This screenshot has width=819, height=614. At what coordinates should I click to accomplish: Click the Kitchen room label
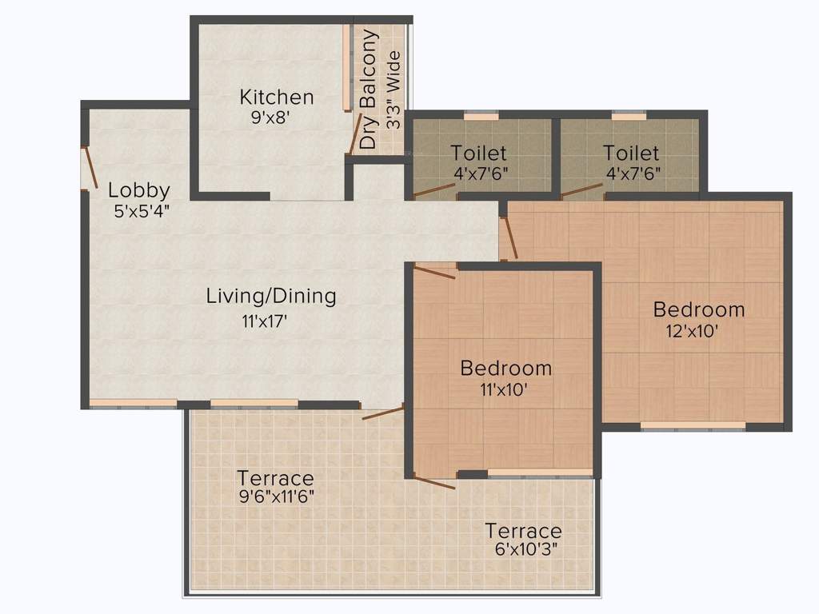coord(277,98)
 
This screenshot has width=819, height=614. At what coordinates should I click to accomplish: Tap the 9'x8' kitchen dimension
coord(269,117)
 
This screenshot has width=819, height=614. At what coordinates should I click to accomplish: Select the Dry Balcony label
coord(368,90)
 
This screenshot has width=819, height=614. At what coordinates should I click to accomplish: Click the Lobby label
coord(139,190)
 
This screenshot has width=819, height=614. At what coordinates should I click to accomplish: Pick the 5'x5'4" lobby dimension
coord(142,210)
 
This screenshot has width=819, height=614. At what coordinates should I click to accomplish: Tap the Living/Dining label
coord(271,296)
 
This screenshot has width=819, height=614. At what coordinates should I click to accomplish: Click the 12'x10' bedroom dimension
coord(692,329)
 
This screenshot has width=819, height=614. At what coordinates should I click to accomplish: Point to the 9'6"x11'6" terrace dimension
coord(275,496)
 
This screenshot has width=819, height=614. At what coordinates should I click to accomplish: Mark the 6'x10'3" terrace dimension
coord(523,549)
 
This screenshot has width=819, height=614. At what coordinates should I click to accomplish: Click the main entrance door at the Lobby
coord(90,168)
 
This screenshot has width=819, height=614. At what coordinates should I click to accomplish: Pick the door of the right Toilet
coord(582,190)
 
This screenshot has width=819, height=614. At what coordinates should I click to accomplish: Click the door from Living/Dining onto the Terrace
coord(383,413)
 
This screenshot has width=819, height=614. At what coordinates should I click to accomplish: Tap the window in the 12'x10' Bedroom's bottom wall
coord(693,426)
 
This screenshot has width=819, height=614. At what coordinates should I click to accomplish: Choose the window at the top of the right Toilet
coord(629,116)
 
